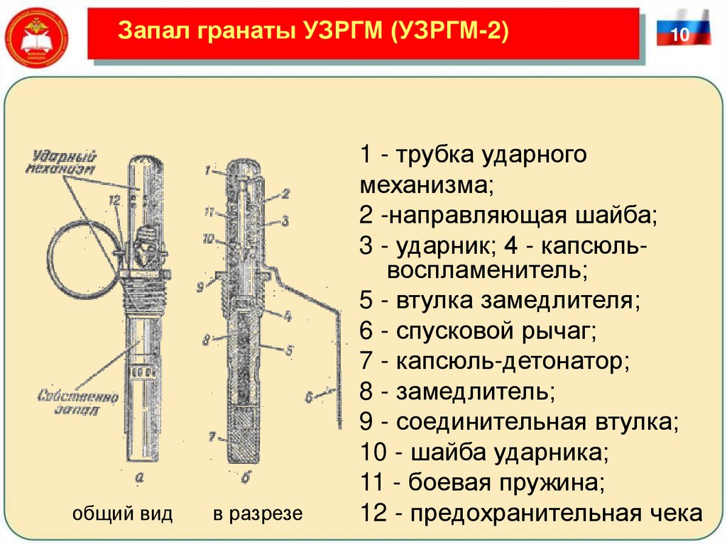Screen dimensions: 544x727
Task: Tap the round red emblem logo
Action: [35, 35]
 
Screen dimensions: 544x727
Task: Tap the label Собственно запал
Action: [69, 402]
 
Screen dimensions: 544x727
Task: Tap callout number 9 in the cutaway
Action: [201, 287]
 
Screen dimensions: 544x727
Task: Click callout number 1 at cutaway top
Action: [207, 170]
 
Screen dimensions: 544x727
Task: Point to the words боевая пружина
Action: [505, 484]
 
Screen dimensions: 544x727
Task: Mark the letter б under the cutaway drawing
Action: [246, 479]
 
